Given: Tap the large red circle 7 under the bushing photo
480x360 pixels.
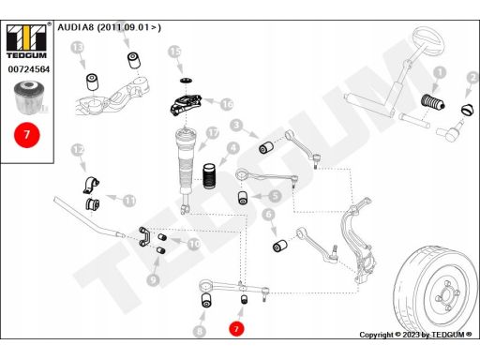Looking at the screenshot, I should coord(27,134).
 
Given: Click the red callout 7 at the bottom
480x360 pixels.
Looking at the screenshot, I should coord(236,330).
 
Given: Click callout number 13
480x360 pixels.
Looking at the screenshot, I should coord(77,47).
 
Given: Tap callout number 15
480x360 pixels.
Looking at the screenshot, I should coord(174,55).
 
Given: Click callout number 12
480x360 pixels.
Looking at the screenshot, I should coord(79,150).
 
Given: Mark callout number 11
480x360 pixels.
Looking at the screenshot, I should coord(128,200).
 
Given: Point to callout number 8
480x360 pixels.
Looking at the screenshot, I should coord(199,330).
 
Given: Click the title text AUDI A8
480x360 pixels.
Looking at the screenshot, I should coord(109,27).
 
